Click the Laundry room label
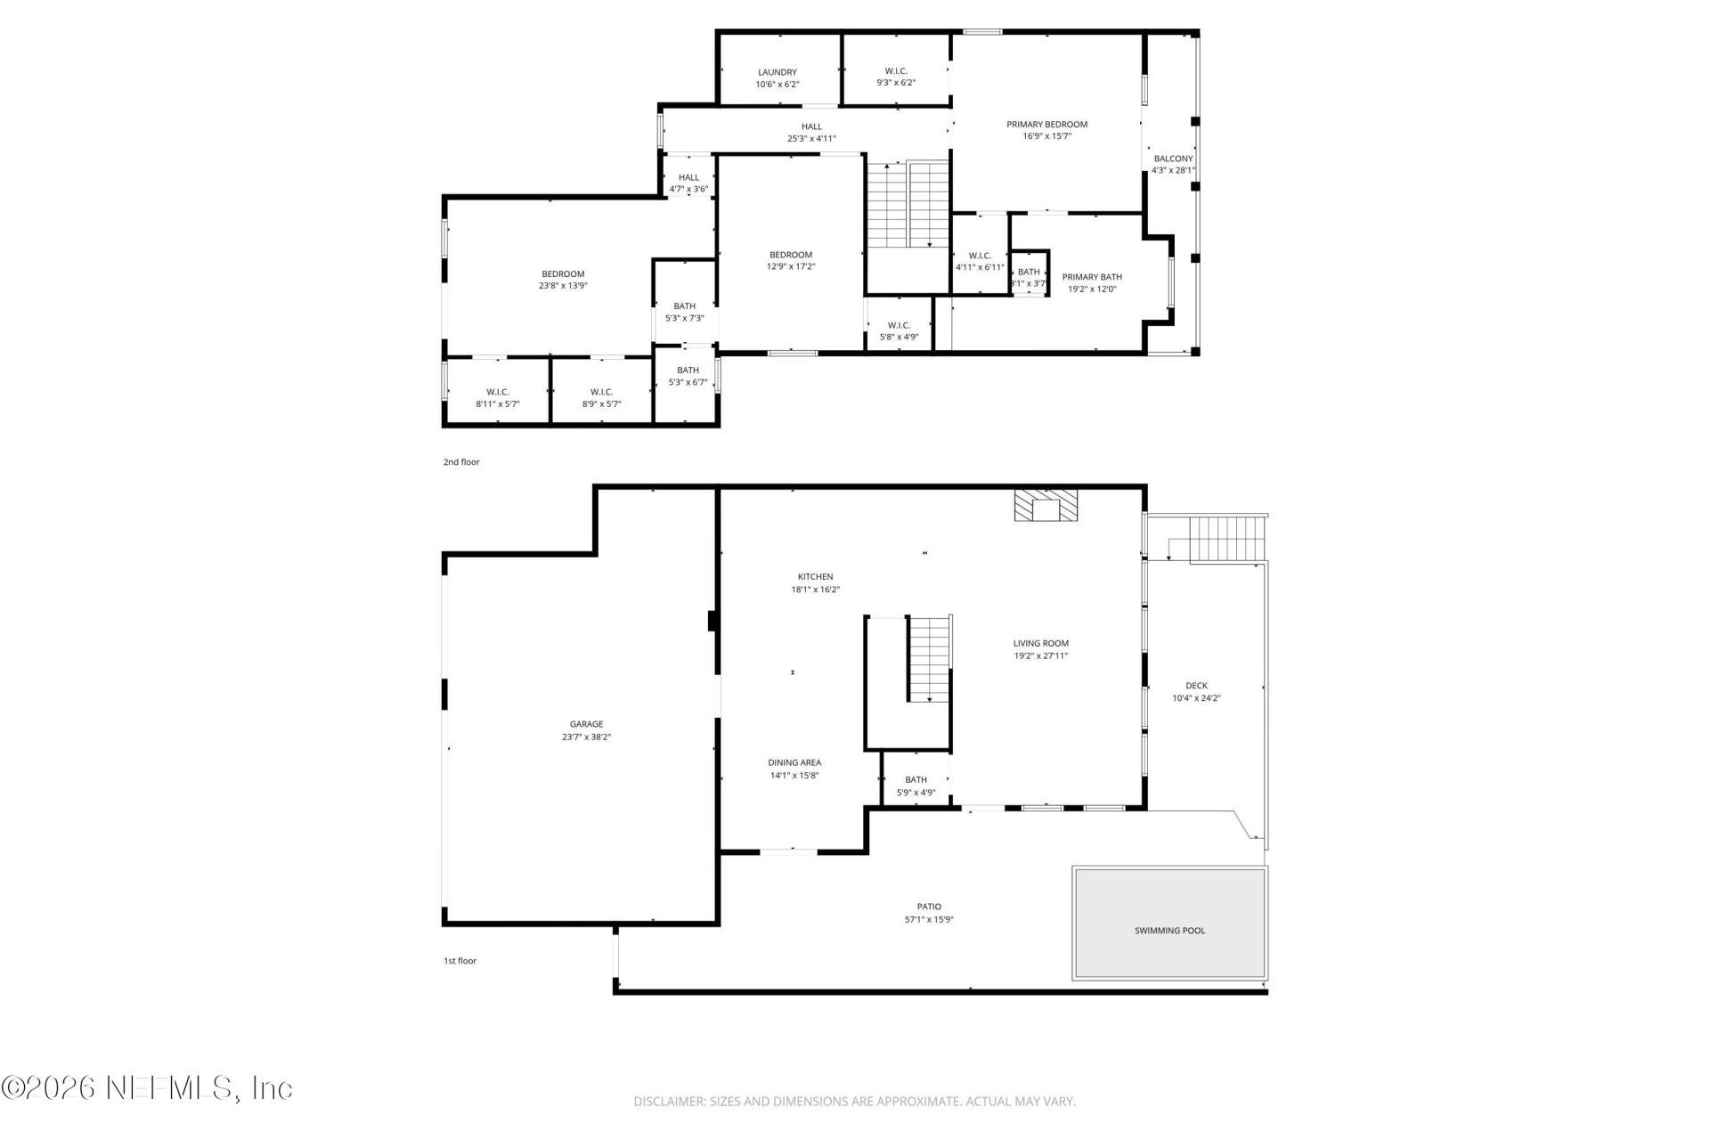777,72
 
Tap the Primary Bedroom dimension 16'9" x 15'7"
1046,136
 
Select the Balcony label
1173,159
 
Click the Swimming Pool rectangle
1169,923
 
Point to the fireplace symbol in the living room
1046,504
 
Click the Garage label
586,724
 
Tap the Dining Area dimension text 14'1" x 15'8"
794,776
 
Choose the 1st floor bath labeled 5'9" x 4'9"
916,786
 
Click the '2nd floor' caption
461,462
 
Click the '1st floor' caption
460,961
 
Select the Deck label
1196,686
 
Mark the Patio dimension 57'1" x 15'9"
929,920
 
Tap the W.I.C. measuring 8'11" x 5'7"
497,397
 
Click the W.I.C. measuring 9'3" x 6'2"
896,77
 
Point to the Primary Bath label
1092,277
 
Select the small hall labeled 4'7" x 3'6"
688,183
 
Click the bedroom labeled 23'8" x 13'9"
563,280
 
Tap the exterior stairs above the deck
1226,538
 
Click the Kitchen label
815,576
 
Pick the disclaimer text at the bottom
854,1102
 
